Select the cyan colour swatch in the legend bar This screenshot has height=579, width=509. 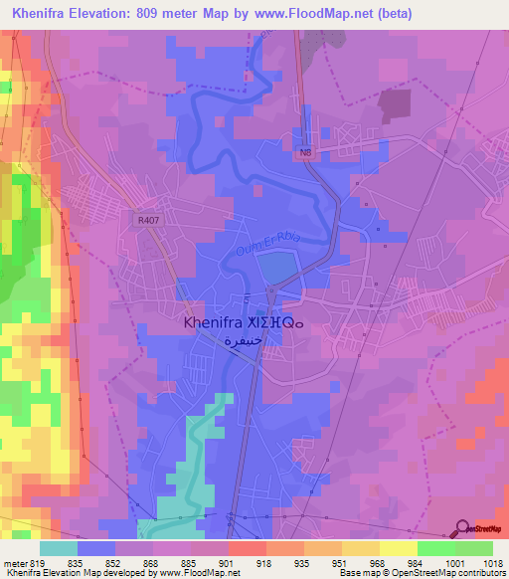point(59,548)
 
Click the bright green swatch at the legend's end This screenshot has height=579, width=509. point(474,548)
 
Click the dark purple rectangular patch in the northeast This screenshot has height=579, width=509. point(396,104)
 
